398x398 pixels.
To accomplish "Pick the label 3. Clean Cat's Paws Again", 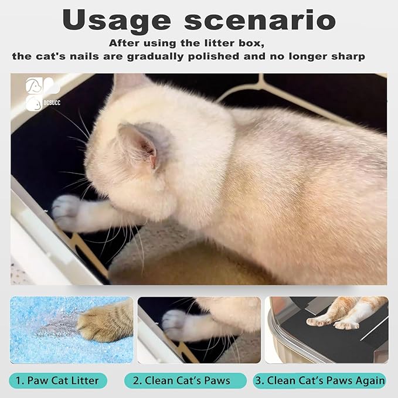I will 319,380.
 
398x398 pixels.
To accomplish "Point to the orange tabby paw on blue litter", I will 103,320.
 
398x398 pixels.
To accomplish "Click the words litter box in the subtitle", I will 234,43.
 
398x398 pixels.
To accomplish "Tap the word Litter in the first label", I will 86,380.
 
